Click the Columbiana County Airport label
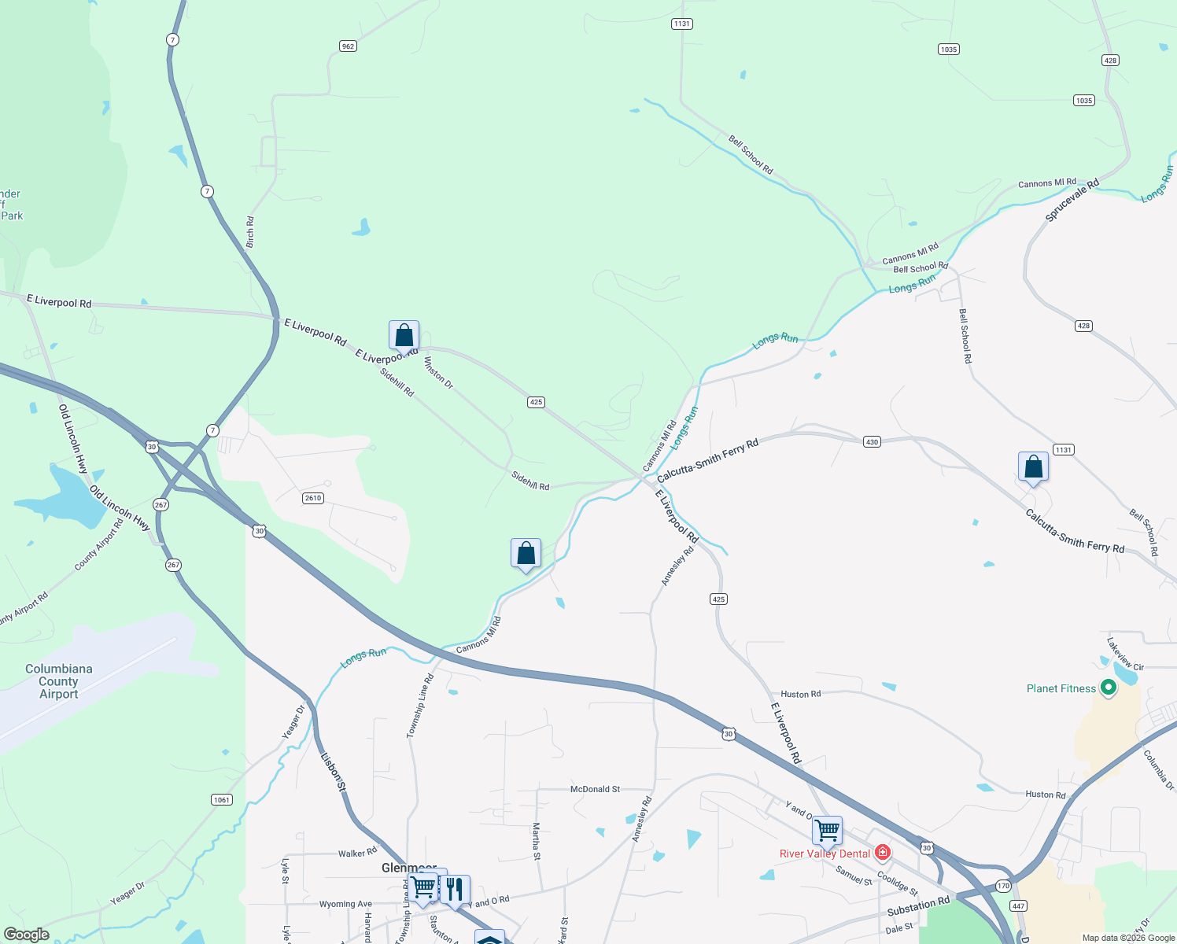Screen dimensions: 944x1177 (59, 681)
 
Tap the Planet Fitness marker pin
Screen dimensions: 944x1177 (1109, 688)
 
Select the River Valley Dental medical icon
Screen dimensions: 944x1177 (882, 854)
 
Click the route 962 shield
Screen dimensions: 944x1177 (348, 46)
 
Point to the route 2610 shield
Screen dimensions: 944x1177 (313, 498)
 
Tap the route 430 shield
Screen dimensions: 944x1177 (872, 442)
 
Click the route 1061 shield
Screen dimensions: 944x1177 (222, 800)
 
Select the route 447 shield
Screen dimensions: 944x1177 (1018, 906)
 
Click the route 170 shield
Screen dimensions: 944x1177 (1002, 887)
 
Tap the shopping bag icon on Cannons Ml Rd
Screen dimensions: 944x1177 (526, 554)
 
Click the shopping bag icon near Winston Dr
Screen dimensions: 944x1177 (404, 336)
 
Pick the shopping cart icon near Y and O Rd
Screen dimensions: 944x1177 (827, 830)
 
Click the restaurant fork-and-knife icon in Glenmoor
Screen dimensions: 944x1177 (455, 890)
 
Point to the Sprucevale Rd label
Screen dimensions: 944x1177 (1072, 201)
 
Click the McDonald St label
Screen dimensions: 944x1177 (595, 789)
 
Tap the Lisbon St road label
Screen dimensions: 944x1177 (333, 772)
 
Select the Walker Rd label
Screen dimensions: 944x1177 (357, 854)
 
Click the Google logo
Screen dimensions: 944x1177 (26, 935)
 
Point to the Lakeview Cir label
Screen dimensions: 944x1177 (1125, 655)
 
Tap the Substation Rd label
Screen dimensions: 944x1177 (918, 906)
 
